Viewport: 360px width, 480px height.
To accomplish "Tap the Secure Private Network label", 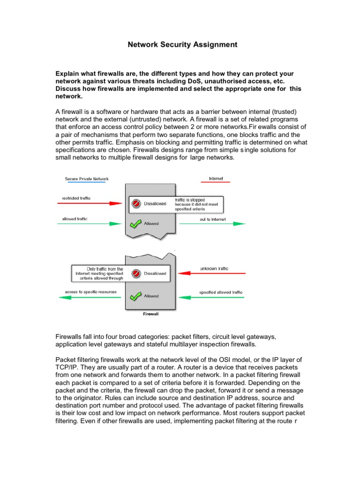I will coord(86,179).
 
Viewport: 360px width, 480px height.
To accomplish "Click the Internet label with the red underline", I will coord(216,179).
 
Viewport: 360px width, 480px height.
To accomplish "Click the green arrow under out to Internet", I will coord(212,224).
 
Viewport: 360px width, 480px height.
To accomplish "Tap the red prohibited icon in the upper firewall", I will coord(136,203).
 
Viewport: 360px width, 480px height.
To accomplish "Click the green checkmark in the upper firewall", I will coord(136,224).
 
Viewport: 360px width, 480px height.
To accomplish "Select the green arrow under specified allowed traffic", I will coord(214,296).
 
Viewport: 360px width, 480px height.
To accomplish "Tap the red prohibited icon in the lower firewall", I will coord(136,273).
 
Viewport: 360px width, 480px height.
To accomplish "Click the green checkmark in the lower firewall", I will coord(136,296).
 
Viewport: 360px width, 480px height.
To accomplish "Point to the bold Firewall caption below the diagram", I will coord(150,315).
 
